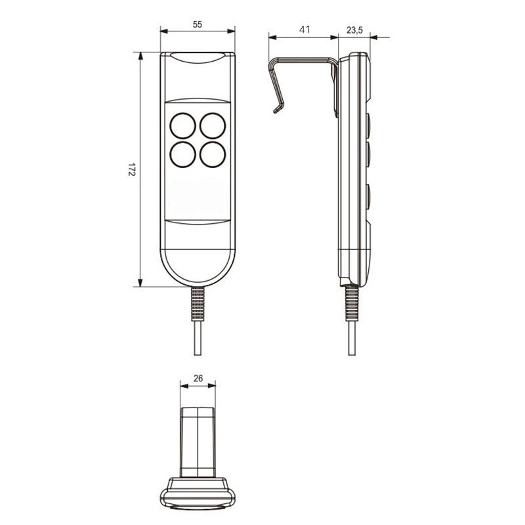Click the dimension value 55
pos(198,24)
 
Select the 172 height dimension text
pos(131,170)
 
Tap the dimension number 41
pos(304,30)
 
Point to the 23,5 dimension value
pos(354,30)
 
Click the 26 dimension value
pos(198,379)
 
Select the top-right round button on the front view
pos(213,125)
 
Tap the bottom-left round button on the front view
pos(183,154)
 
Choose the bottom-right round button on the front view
pos(213,154)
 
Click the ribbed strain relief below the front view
pos(198,304)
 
